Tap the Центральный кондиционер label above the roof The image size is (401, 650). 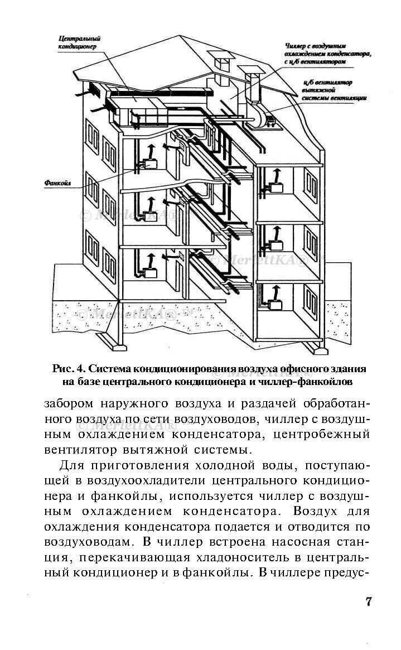pos(79,43)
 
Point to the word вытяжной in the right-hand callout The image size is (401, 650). pos(317,89)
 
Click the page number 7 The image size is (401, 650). pos(368,601)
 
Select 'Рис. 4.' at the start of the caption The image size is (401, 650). pos(69,369)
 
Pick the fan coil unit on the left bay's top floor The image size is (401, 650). pos(150,164)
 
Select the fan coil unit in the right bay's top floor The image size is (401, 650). pos(276,186)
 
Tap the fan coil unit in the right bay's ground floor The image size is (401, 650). pos(274,305)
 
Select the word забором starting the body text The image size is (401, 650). pos(67,403)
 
